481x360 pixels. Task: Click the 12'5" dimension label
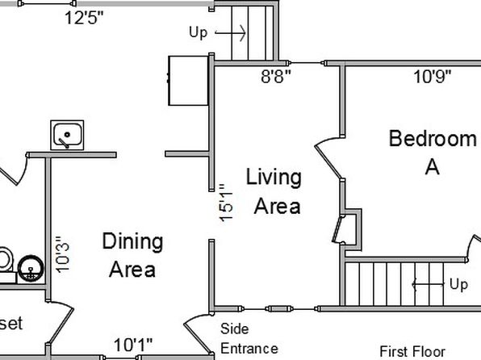[85, 18]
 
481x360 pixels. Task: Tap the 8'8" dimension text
[275, 76]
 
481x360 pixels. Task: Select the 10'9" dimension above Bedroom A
[433, 77]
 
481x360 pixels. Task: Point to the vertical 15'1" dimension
[226, 203]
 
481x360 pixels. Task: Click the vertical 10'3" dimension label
[63, 254]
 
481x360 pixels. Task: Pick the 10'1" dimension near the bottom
[133, 345]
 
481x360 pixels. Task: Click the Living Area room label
[274, 190]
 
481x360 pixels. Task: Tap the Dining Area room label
[132, 255]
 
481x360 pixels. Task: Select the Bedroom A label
[433, 153]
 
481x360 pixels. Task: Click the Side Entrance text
[249, 339]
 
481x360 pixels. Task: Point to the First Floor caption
[412, 351]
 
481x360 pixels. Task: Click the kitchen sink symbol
[67, 135]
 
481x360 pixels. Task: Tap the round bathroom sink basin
[31, 268]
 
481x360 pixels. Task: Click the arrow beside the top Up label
[230, 32]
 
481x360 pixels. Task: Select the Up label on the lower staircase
[458, 284]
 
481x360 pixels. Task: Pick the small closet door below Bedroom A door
[338, 229]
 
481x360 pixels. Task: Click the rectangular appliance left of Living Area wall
[188, 81]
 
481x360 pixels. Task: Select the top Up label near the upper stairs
[199, 32]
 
